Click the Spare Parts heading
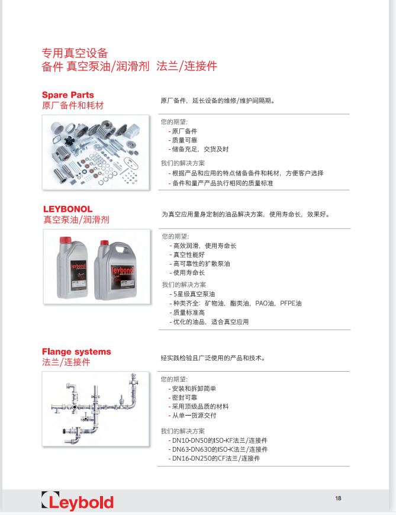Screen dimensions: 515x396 coord(67,95)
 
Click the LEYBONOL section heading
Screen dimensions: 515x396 coord(67,209)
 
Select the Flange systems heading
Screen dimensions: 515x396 coord(76,352)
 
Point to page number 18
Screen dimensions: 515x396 coord(338,498)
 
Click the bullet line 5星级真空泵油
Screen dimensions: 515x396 coord(194,294)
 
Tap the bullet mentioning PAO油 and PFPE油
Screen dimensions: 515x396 coord(237,303)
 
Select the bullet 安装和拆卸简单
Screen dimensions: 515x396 coord(194,388)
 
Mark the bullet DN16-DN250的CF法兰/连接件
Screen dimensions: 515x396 coord(215,458)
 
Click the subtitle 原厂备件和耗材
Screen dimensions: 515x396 coord(73,105)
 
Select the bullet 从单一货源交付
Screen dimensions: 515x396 coord(193,416)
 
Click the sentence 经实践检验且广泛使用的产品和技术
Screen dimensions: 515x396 coord(213,358)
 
